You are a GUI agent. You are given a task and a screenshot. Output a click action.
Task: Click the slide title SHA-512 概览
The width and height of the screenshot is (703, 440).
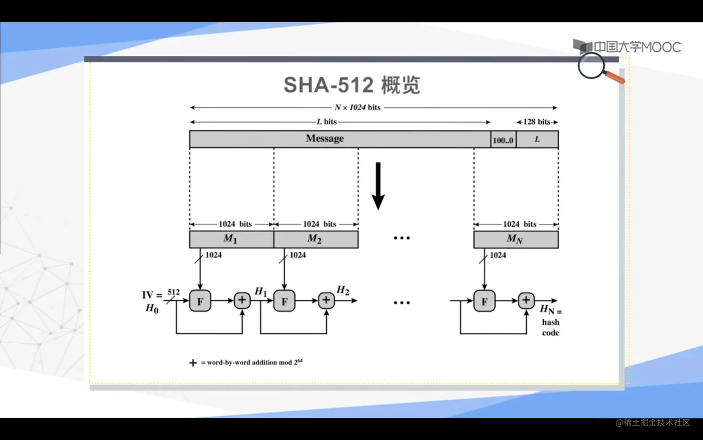coord(351,85)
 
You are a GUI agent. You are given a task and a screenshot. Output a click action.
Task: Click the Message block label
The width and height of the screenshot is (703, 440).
coord(325,139)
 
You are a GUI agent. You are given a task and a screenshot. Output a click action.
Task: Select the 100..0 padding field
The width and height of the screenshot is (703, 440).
coord(503,140)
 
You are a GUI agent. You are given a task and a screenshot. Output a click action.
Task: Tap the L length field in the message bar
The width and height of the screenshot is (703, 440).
coord(537,139)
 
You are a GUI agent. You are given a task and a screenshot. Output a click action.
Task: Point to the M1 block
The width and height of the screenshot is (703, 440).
coord(231,239)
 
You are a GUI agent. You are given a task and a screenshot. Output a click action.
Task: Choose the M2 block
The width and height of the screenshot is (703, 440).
coord(315,239)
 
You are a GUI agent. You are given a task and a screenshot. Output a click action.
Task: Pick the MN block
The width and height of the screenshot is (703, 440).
coord(515,239)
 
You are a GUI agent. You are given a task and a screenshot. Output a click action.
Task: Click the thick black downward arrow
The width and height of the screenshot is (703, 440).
coord(378,186)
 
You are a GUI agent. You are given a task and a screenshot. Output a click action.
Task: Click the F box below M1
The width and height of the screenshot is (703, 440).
coord(200,301)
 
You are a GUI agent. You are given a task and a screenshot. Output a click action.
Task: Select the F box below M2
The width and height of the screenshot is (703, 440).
coord(284,301)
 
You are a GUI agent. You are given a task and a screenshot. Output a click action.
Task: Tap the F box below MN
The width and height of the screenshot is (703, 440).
coord(484,301)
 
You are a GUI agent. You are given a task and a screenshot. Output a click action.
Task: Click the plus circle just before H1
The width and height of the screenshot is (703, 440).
coord(242,300)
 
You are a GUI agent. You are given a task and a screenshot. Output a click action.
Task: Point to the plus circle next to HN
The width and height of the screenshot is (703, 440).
coord(526,300)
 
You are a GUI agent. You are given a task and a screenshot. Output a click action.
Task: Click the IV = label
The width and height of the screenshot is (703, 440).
coord(152,295)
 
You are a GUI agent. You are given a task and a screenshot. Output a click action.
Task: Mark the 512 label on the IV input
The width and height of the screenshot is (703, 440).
coord(173,292)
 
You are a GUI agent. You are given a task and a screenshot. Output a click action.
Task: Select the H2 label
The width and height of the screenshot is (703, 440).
coord(343,290)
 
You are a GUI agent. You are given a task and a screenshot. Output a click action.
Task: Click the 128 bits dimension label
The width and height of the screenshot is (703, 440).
coord(537,122)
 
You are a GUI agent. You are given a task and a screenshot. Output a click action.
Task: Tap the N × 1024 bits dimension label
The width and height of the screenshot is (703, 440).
coord(358,108)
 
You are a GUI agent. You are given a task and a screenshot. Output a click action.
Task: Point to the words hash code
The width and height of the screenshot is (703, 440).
coord(550,327)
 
